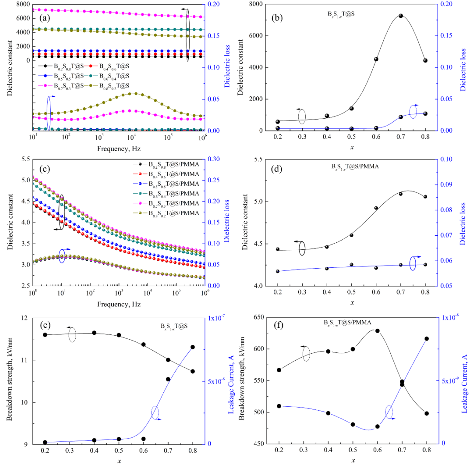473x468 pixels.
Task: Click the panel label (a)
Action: point(46,18)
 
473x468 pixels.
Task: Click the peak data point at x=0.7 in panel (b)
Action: point(401,16)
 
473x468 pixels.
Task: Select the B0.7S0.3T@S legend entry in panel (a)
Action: point(66,85)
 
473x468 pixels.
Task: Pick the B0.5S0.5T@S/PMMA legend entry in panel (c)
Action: point(171,183)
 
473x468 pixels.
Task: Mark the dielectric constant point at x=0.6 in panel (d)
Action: point(376,208)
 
